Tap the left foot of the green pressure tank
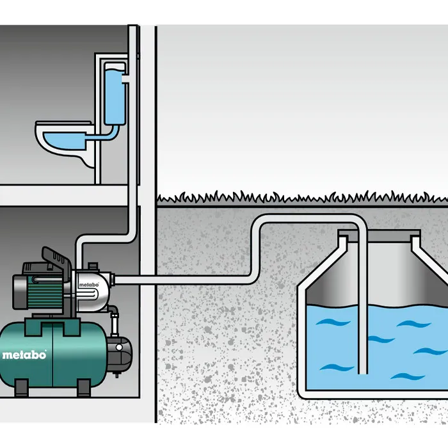point(21,387)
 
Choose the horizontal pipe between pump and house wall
point(138,280)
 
